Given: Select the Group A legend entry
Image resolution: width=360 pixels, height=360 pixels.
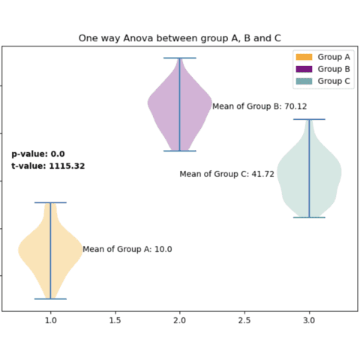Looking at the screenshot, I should pyautogui.click(x=322, y=57).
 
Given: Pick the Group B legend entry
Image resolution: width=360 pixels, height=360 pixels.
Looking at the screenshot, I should pyautogui.click(x=322, y=69).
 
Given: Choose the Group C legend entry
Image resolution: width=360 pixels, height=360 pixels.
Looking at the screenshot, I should pyautogui.click(x=322, y=81).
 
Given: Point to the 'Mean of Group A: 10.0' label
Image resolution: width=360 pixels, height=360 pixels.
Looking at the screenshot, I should pyautogui.click(x=127, y=249).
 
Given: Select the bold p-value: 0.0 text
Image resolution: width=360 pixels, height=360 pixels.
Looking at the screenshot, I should pyautogui.click(x=37, y=154).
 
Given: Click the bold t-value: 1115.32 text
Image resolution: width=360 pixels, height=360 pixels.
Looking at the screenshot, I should pyautogui.click(x=48, y=166).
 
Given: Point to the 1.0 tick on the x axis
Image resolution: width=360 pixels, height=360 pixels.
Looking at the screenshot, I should pyautogui.click(x=50, y=320).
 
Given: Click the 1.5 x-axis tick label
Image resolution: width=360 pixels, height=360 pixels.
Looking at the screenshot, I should pyautogui.click(x=115, y=320).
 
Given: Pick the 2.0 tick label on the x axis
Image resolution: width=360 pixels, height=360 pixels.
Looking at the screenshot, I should pyautogui.click(x=180, y=320).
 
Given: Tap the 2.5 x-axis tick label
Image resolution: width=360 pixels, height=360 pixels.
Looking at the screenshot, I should pyautogui.click(x=244, y=320).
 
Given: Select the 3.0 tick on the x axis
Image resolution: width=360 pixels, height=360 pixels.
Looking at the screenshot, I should pyautogui.click(x=310, y=320).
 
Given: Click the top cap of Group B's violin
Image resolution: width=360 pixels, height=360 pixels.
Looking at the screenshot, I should pyautogui.click(x=180, y=58).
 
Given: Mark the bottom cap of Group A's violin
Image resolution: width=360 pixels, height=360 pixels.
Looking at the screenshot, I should pyautogui.click(x=50, y=298).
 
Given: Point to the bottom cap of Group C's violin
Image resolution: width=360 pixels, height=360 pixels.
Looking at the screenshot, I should pyautogui.click(x=310, y=217).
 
